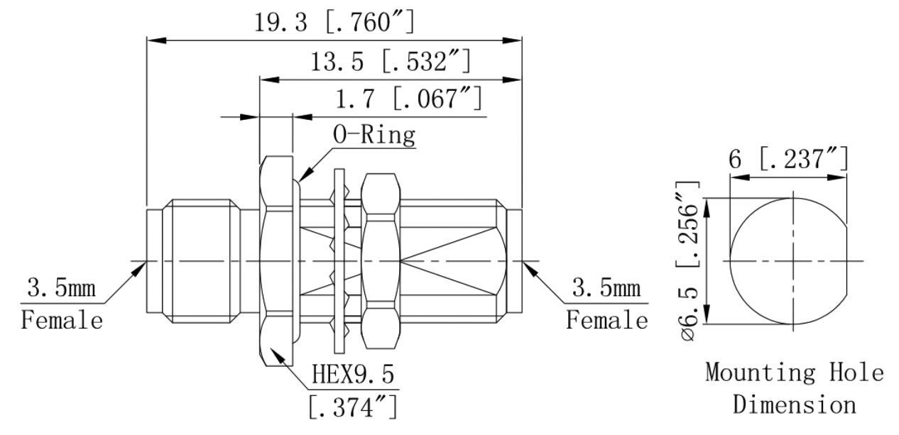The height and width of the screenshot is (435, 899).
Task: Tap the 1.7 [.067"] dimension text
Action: click(x=410, y=99)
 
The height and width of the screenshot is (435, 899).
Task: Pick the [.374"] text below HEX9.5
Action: click(x=352, y=407)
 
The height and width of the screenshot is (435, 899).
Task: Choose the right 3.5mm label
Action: click(x=606, y=290)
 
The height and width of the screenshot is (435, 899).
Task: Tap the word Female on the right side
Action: click(x=606, y=319)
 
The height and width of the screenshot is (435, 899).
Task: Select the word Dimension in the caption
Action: click(x=794, y=404)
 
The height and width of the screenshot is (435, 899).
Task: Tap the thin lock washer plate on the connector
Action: click(x=338, y=260)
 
